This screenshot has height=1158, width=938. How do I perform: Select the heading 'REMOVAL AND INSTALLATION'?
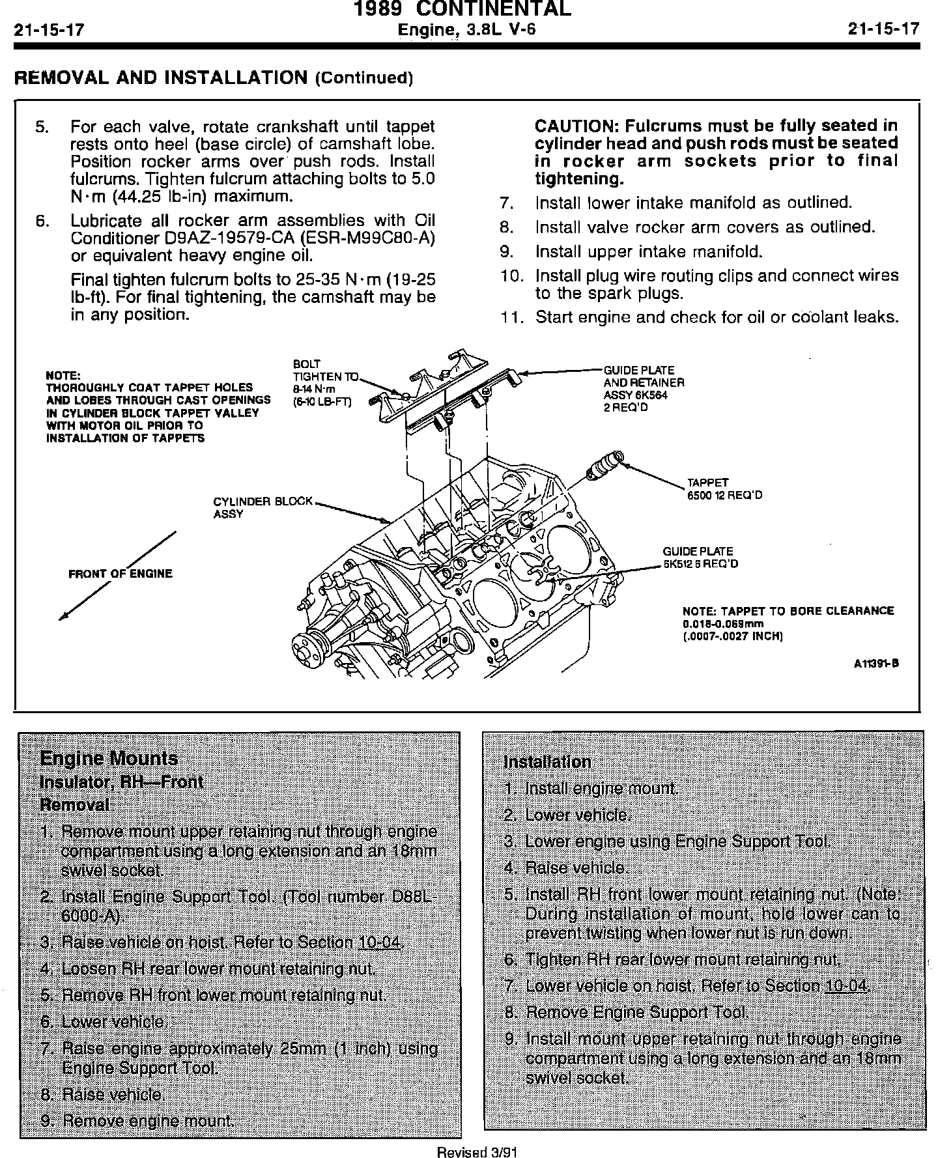click(160, 78)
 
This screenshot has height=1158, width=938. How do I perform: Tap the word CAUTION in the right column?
click(572, 125)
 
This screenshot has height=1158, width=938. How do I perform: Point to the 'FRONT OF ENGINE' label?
click(121, 574)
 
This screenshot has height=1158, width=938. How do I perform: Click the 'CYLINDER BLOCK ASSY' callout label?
click(263, 507)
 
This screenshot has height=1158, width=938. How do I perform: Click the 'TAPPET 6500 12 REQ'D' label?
click(724, 488)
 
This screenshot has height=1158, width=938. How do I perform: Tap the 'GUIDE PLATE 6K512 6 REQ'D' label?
click(700, 558)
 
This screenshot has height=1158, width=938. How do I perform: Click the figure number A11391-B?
click(876, 664)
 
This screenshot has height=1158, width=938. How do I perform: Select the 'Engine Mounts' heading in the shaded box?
click(109, 758)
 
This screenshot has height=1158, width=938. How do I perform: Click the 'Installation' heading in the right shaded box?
click(548, 761)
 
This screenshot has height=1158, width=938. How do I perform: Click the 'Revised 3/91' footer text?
click(477, 1152)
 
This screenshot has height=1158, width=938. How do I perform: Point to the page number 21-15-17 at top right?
click(883, 29)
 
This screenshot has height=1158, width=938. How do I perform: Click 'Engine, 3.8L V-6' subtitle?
click(466, 29)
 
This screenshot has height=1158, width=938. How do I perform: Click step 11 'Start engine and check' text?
click(716, 317)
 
